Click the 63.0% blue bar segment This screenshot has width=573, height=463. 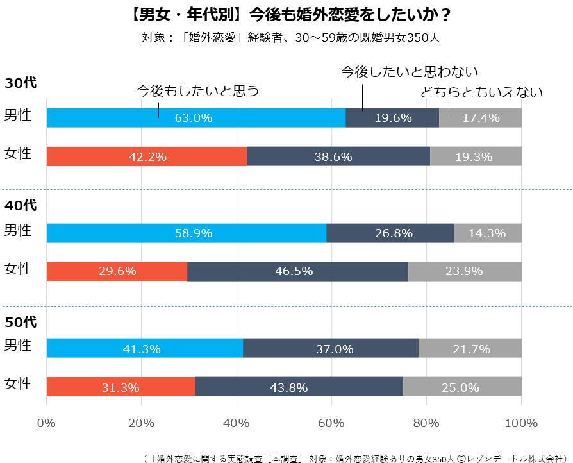196,117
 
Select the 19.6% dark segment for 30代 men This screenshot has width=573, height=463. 392,117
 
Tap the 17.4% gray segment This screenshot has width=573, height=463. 480,117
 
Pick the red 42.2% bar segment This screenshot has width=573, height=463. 147,156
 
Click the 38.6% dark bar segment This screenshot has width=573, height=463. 338,156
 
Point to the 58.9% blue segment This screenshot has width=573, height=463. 187,233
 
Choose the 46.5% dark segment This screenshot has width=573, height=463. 297,271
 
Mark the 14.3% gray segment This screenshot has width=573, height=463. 488,233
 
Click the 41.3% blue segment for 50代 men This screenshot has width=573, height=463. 145,348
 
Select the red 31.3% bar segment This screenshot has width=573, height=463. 120,387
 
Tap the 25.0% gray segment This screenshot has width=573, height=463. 462,387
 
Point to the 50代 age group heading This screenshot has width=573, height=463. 21,322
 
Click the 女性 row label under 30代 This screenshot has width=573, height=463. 18,154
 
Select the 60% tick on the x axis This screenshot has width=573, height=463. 331,423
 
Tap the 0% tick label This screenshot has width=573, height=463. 46,423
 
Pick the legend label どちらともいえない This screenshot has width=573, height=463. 481,92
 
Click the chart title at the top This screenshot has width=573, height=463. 286,13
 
